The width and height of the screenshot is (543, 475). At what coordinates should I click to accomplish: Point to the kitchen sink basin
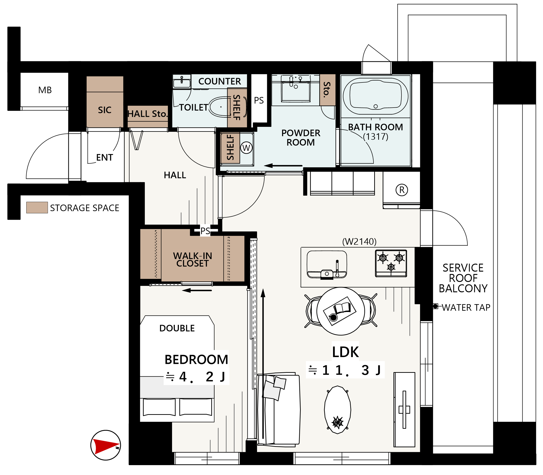tap(327, 265)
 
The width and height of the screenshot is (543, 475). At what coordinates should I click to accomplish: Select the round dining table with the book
tap(341, 311)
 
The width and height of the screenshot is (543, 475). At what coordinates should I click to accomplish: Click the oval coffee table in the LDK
tap(338, 410)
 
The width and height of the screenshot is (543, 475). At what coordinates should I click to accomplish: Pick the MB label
tap(45, 90)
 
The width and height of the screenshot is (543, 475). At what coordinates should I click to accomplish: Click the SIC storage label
tap(105, 110)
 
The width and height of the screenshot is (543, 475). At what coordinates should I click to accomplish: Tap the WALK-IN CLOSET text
tap(193, 260)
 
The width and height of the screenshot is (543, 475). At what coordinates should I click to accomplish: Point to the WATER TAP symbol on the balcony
tap(435, 306)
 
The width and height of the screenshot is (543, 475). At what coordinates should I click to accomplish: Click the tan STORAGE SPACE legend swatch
tap(37, 207)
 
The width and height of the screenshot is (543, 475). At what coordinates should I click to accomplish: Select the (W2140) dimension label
tap(359, 241)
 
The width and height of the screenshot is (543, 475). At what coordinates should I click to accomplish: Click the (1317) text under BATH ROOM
tap(376, 137)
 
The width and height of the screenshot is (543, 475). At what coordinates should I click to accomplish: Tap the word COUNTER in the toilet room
tap(220, 81)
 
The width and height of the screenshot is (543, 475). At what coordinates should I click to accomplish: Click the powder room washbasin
tap(296, 90)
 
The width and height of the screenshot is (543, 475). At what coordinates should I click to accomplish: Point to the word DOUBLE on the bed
tap(177, 328)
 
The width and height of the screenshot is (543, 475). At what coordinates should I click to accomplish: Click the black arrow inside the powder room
tap(283, 166)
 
